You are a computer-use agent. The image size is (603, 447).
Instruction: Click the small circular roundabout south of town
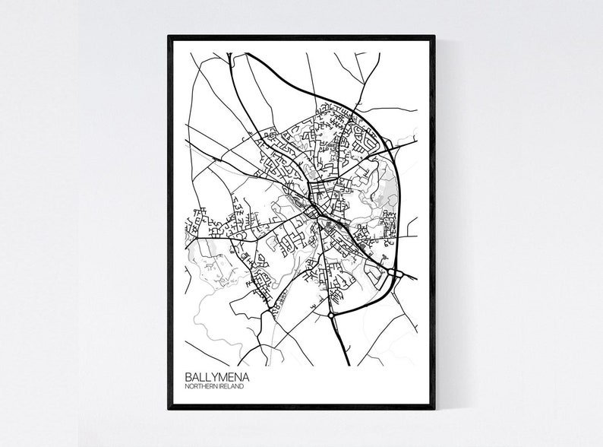point(331,312)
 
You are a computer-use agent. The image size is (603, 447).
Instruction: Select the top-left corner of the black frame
point(169,36)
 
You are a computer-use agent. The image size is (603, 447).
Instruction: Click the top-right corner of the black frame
point(434,36)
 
